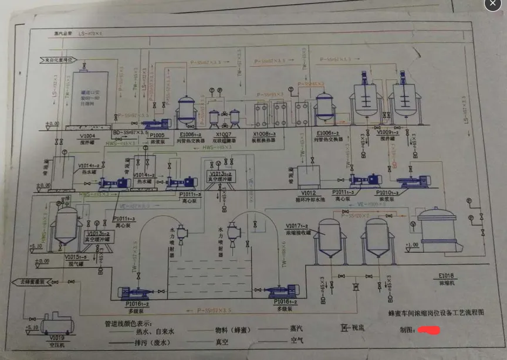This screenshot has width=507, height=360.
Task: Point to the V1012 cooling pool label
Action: (309, 192)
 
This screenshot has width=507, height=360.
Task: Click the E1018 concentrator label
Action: (448, 276)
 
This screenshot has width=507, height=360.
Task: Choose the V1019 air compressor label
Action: (57, 338)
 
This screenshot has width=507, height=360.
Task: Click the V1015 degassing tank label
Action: (77, 256)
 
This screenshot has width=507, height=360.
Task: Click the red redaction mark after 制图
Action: (431, 331)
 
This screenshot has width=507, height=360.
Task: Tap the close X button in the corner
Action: (492, 5)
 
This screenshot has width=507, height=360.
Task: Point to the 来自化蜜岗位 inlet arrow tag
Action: (58, 60)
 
